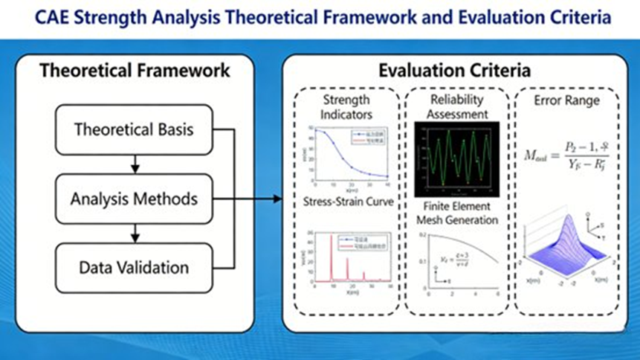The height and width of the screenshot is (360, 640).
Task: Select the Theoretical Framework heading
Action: [134, 71]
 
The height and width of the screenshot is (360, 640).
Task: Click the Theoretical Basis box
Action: [134, 129]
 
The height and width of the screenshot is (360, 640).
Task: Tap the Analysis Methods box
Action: [134, 199]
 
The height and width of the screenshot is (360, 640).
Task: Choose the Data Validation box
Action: [134, 266]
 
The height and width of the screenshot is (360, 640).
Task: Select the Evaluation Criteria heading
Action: [454, 71]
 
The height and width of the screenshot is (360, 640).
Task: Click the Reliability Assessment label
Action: [457, 107]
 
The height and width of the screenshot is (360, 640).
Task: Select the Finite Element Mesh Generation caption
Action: [457, 213]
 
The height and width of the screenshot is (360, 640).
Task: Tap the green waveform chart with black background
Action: [457, 154]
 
